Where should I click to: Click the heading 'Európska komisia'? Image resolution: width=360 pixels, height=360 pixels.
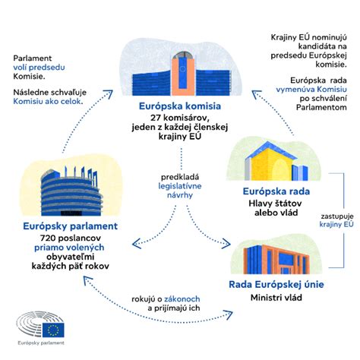tap(181, 106)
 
